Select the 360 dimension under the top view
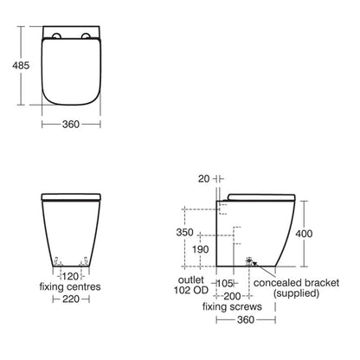tap(71, 124)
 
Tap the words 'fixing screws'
tap(227, 307)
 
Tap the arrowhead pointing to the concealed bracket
tap(253, 261)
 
